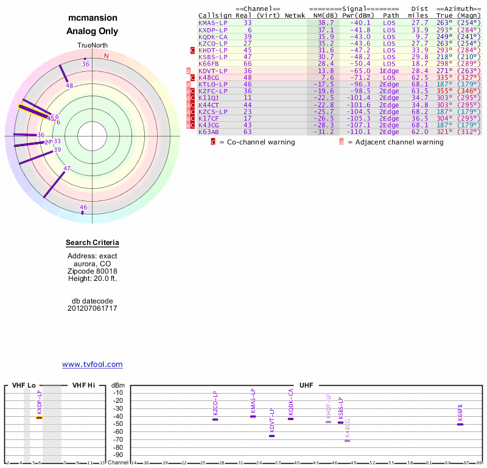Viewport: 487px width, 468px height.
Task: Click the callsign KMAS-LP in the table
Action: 213,23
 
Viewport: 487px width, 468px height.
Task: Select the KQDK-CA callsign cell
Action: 213,37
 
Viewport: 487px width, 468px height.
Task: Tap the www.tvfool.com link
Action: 93,364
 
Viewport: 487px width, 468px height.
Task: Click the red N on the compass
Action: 107,56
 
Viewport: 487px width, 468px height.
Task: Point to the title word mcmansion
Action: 93,18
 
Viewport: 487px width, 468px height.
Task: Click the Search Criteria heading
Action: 93,243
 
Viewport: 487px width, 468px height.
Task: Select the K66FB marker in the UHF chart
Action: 460,424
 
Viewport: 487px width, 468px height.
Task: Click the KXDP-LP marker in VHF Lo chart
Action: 39,417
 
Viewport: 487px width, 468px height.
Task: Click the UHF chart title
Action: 306,386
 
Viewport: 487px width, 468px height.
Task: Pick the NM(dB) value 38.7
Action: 326,23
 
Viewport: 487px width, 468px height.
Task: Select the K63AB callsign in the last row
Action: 208,132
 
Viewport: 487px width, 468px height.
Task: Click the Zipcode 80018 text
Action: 93,271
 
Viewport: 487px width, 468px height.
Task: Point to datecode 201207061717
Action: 93,308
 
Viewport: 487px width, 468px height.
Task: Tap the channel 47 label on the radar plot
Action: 67,169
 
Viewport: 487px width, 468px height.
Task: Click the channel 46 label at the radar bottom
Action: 83,208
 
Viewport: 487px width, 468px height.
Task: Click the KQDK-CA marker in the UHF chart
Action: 291,418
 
